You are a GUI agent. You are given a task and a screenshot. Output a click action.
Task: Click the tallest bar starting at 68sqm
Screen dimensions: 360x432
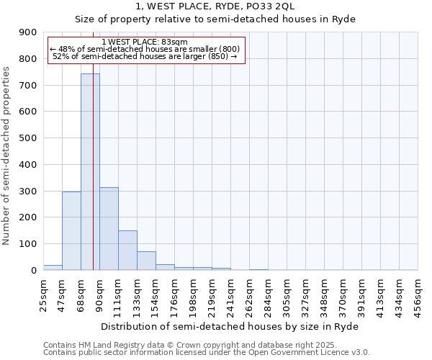(x=90, y=172)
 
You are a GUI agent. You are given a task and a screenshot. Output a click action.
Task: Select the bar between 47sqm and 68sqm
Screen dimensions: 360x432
(x=71, y=231)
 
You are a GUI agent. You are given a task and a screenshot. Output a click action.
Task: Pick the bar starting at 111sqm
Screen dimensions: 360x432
(x=127, y=251)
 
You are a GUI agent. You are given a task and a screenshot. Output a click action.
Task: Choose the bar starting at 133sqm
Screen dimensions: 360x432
(x=146, y=261)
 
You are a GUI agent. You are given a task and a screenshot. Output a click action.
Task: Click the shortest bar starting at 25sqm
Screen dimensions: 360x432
(x=53, y=267)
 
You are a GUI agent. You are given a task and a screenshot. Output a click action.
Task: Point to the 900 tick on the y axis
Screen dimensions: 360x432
(x=28, y=32)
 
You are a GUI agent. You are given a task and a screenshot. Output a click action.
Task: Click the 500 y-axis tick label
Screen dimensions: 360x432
(x=28, y=138)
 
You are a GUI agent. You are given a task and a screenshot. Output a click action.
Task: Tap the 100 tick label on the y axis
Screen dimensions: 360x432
(x=28, y=244)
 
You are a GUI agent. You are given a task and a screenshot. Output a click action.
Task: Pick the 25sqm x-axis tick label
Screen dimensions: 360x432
(x=43, y=294)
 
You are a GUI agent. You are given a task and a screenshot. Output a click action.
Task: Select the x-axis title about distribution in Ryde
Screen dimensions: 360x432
(x=230, y=326)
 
